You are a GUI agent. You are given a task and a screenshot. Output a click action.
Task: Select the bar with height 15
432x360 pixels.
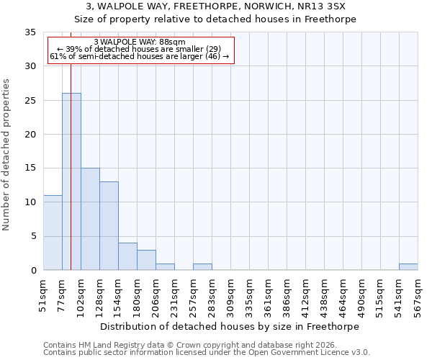(90, 219)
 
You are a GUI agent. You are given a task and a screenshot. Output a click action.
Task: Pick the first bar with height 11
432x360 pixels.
(53, 233)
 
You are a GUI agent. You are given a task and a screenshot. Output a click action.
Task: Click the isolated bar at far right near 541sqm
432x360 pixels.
(408, 267)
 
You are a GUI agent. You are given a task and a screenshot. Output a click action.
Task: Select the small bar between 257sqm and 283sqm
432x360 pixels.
(202, 267)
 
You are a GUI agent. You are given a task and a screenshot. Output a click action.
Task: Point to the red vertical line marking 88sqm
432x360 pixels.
(71, 144)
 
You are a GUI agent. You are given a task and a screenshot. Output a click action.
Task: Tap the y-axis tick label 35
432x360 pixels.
(30, 32)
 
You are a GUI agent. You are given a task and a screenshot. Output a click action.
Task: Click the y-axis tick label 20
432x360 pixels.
(30, 135)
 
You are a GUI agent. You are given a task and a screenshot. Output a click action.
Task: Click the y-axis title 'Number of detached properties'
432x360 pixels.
(7, 155)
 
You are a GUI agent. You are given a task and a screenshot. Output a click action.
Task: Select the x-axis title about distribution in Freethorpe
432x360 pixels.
(229, 326)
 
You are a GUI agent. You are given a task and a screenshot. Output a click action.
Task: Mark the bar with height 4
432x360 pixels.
(127, 256)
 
